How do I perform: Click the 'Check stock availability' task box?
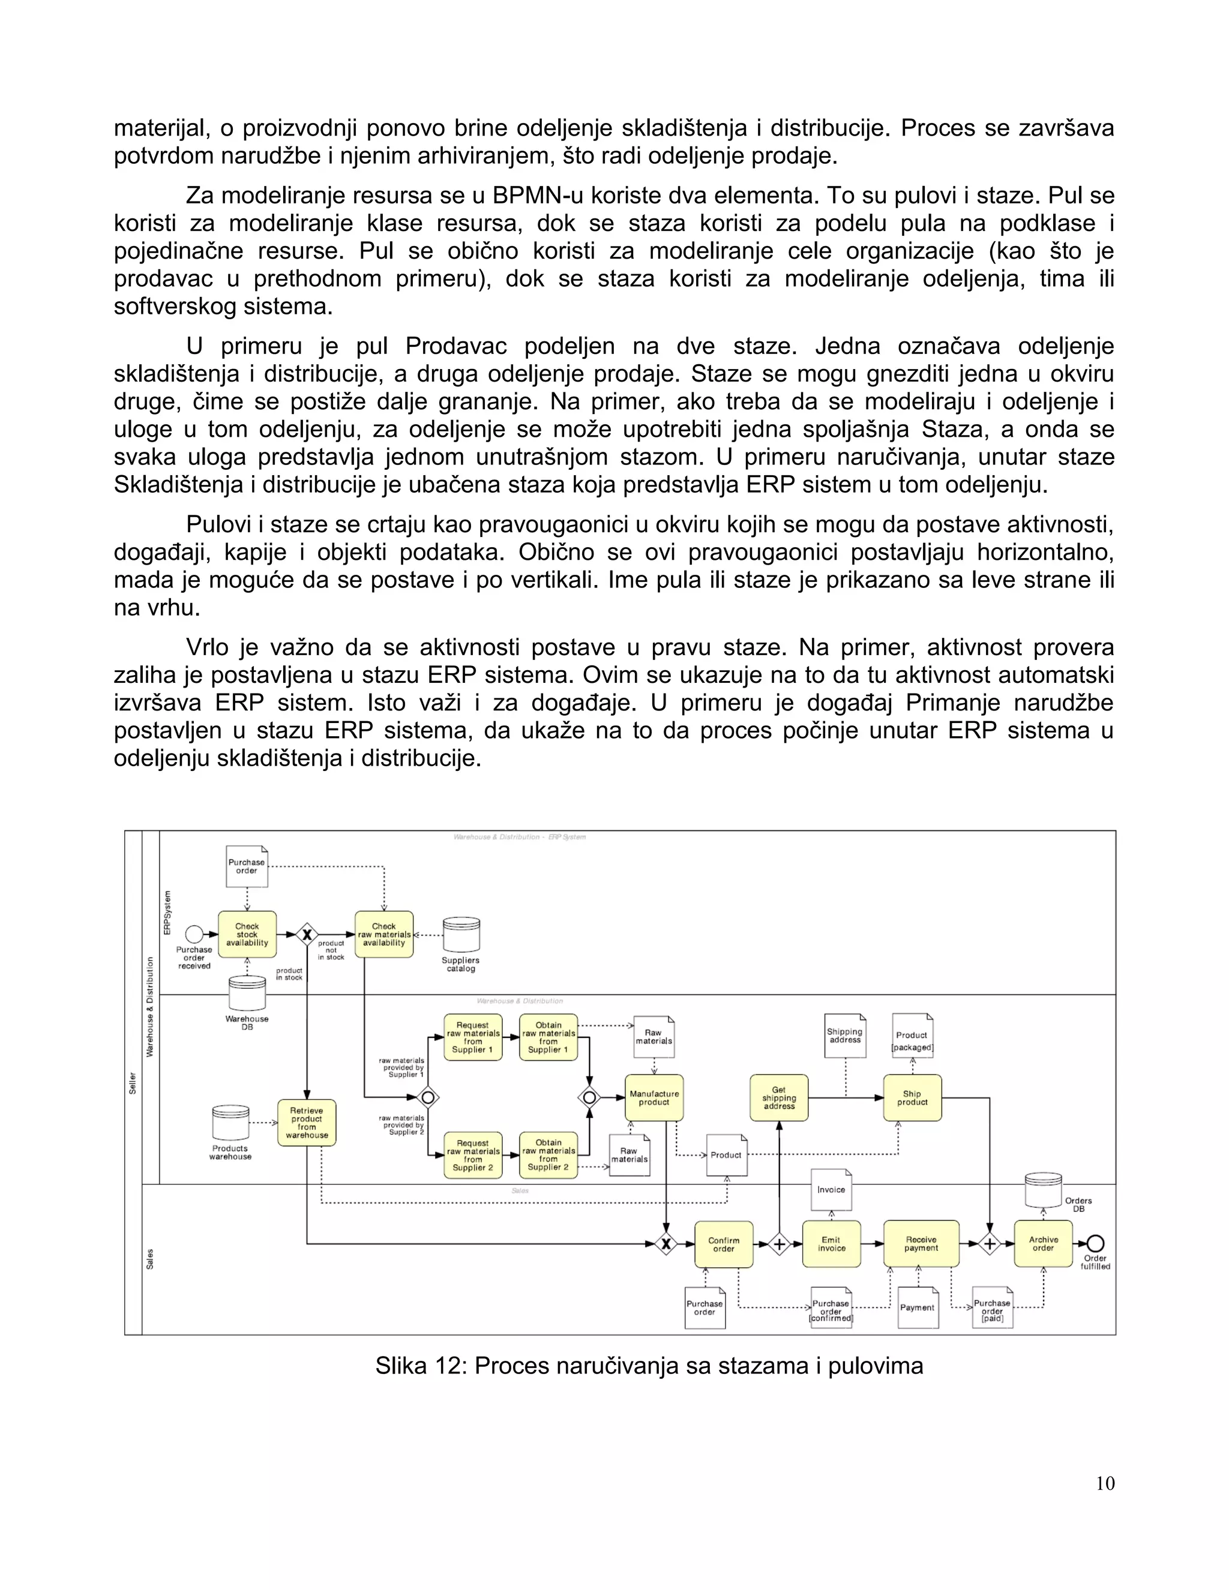pos(247,934)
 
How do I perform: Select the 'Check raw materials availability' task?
pos(383,934)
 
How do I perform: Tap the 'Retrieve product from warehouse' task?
pos(307,1122)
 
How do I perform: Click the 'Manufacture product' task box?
pos(654,1097)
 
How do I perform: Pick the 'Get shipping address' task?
pos(779,1097)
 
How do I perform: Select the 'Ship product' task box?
pos(912,1097)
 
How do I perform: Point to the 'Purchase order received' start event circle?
pos(194,934)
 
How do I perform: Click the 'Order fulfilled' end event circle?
pos(1095,1243)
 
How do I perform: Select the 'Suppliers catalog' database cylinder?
pos(461,935)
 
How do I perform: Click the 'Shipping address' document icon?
pos(846,1035)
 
